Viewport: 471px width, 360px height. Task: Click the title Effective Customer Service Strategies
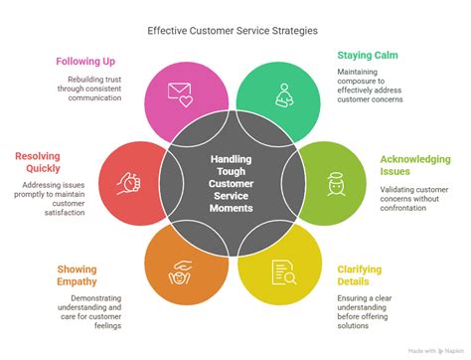233,31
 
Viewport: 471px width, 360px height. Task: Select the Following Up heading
85,62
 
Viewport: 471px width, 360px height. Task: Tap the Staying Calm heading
368,56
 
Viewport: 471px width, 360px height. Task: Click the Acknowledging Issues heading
415,165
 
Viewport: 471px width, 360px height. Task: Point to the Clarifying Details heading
360,275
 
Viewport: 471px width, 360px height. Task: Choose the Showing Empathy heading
77,275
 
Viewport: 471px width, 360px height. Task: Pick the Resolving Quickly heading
38,162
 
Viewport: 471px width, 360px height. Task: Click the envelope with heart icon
180,94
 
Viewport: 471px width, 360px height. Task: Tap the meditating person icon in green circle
284,95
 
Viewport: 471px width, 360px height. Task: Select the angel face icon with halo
336,184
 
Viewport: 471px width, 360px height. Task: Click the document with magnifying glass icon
284,272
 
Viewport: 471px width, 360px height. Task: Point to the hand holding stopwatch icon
129,183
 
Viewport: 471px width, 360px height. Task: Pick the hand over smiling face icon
180,272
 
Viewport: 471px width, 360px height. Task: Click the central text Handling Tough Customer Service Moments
232,183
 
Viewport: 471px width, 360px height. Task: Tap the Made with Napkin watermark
436,351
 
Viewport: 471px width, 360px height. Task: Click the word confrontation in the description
403,208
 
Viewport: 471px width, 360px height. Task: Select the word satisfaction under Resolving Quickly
65,213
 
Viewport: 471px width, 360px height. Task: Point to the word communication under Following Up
94,97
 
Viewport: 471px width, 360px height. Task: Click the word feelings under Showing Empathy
107,326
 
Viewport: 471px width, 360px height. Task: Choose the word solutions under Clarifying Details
353,325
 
